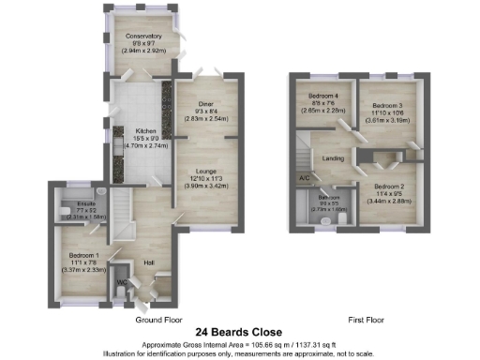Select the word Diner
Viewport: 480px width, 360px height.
(x=208, y=104)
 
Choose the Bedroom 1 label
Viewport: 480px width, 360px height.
(x=88, y=254)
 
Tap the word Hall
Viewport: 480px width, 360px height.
(x=148, y=262)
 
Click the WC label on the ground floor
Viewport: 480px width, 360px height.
(x=121, y=281)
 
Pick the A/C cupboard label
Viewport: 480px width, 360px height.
(x=304, y=178)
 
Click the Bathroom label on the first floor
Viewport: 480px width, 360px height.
(x=328, y=199)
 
